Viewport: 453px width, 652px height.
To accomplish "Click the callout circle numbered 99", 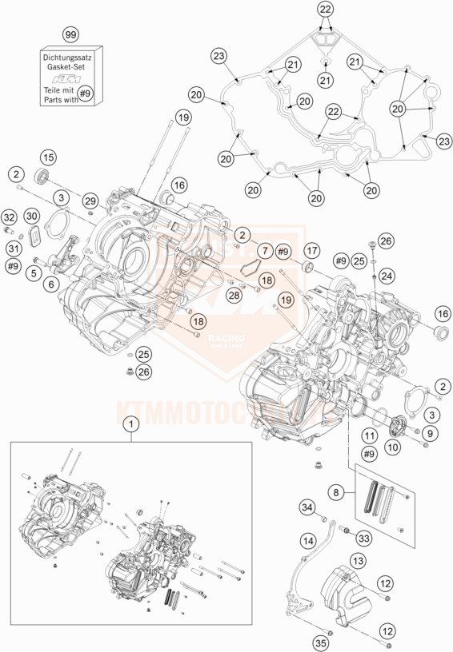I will point(71,36).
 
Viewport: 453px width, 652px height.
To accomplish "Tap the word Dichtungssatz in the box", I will point(70,58).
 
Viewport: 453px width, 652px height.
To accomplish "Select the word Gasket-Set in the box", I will point(70,69).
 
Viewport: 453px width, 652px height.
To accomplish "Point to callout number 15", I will point(48,157).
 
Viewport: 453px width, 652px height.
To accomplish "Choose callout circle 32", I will point(9,217).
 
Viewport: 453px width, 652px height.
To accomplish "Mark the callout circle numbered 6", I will point(53,283).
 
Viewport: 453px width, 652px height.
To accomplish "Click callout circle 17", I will point(311,251).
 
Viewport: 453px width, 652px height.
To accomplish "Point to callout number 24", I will point(387,276).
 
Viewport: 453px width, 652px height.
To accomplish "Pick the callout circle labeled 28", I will point(235,296).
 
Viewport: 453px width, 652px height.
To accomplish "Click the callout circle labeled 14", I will point(307,542).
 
